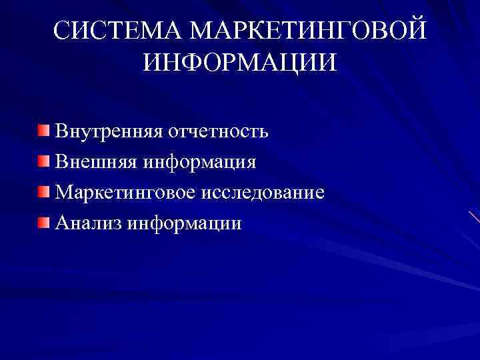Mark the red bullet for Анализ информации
[x=43, y=221]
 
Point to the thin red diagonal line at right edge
[x=473, y=217]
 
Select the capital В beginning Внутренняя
[x=61, y=131]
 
